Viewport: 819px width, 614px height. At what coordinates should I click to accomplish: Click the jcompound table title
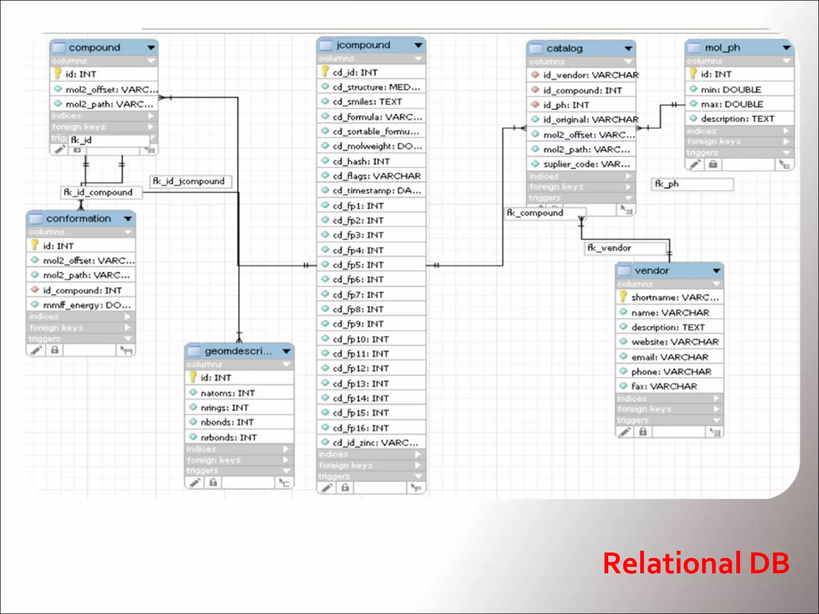click(x=363, y=45)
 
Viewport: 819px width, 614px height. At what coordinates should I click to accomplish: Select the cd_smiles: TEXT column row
click(x=367, y=102)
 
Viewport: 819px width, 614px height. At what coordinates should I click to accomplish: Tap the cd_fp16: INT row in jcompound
click(x=360, y=428)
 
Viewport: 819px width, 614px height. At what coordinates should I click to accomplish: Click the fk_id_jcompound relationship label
click(x=189, y=181)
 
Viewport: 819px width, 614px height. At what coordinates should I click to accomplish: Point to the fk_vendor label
click(x=609, y=248)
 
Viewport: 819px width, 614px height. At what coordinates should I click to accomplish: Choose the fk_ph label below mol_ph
click(x=667, y=184)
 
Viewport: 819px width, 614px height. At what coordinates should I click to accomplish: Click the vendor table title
click(x=651, y=271)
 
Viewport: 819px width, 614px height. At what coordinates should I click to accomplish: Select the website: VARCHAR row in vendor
click(x=674, y=342)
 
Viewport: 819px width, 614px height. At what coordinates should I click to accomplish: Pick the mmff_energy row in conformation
click(x=86, y=305)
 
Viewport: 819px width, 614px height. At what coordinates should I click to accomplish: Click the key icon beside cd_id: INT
click(x=325, y=72)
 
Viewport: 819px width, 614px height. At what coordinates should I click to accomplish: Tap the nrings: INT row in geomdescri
click(x=224, y=408)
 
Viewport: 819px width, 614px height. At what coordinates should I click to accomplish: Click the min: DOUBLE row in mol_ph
click(x=731, y=90)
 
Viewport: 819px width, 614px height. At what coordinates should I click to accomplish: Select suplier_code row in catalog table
click(x=586, y=164)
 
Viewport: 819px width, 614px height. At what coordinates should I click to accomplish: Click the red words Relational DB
click(x=696, y=563)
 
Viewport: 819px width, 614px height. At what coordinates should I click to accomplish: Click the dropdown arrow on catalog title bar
click(x=628, y=49)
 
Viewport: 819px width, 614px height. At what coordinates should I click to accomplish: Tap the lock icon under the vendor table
click(x=643, y=432)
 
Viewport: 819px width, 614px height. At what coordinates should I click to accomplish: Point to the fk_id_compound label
click(x=98, y=193)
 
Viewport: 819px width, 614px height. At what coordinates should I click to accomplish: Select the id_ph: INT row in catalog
click(x=566, y=105)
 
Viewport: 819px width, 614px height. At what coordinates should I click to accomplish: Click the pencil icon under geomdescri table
click(x=195, y=482)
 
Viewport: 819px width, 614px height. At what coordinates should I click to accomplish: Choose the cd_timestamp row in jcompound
click(x=376, y=191)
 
